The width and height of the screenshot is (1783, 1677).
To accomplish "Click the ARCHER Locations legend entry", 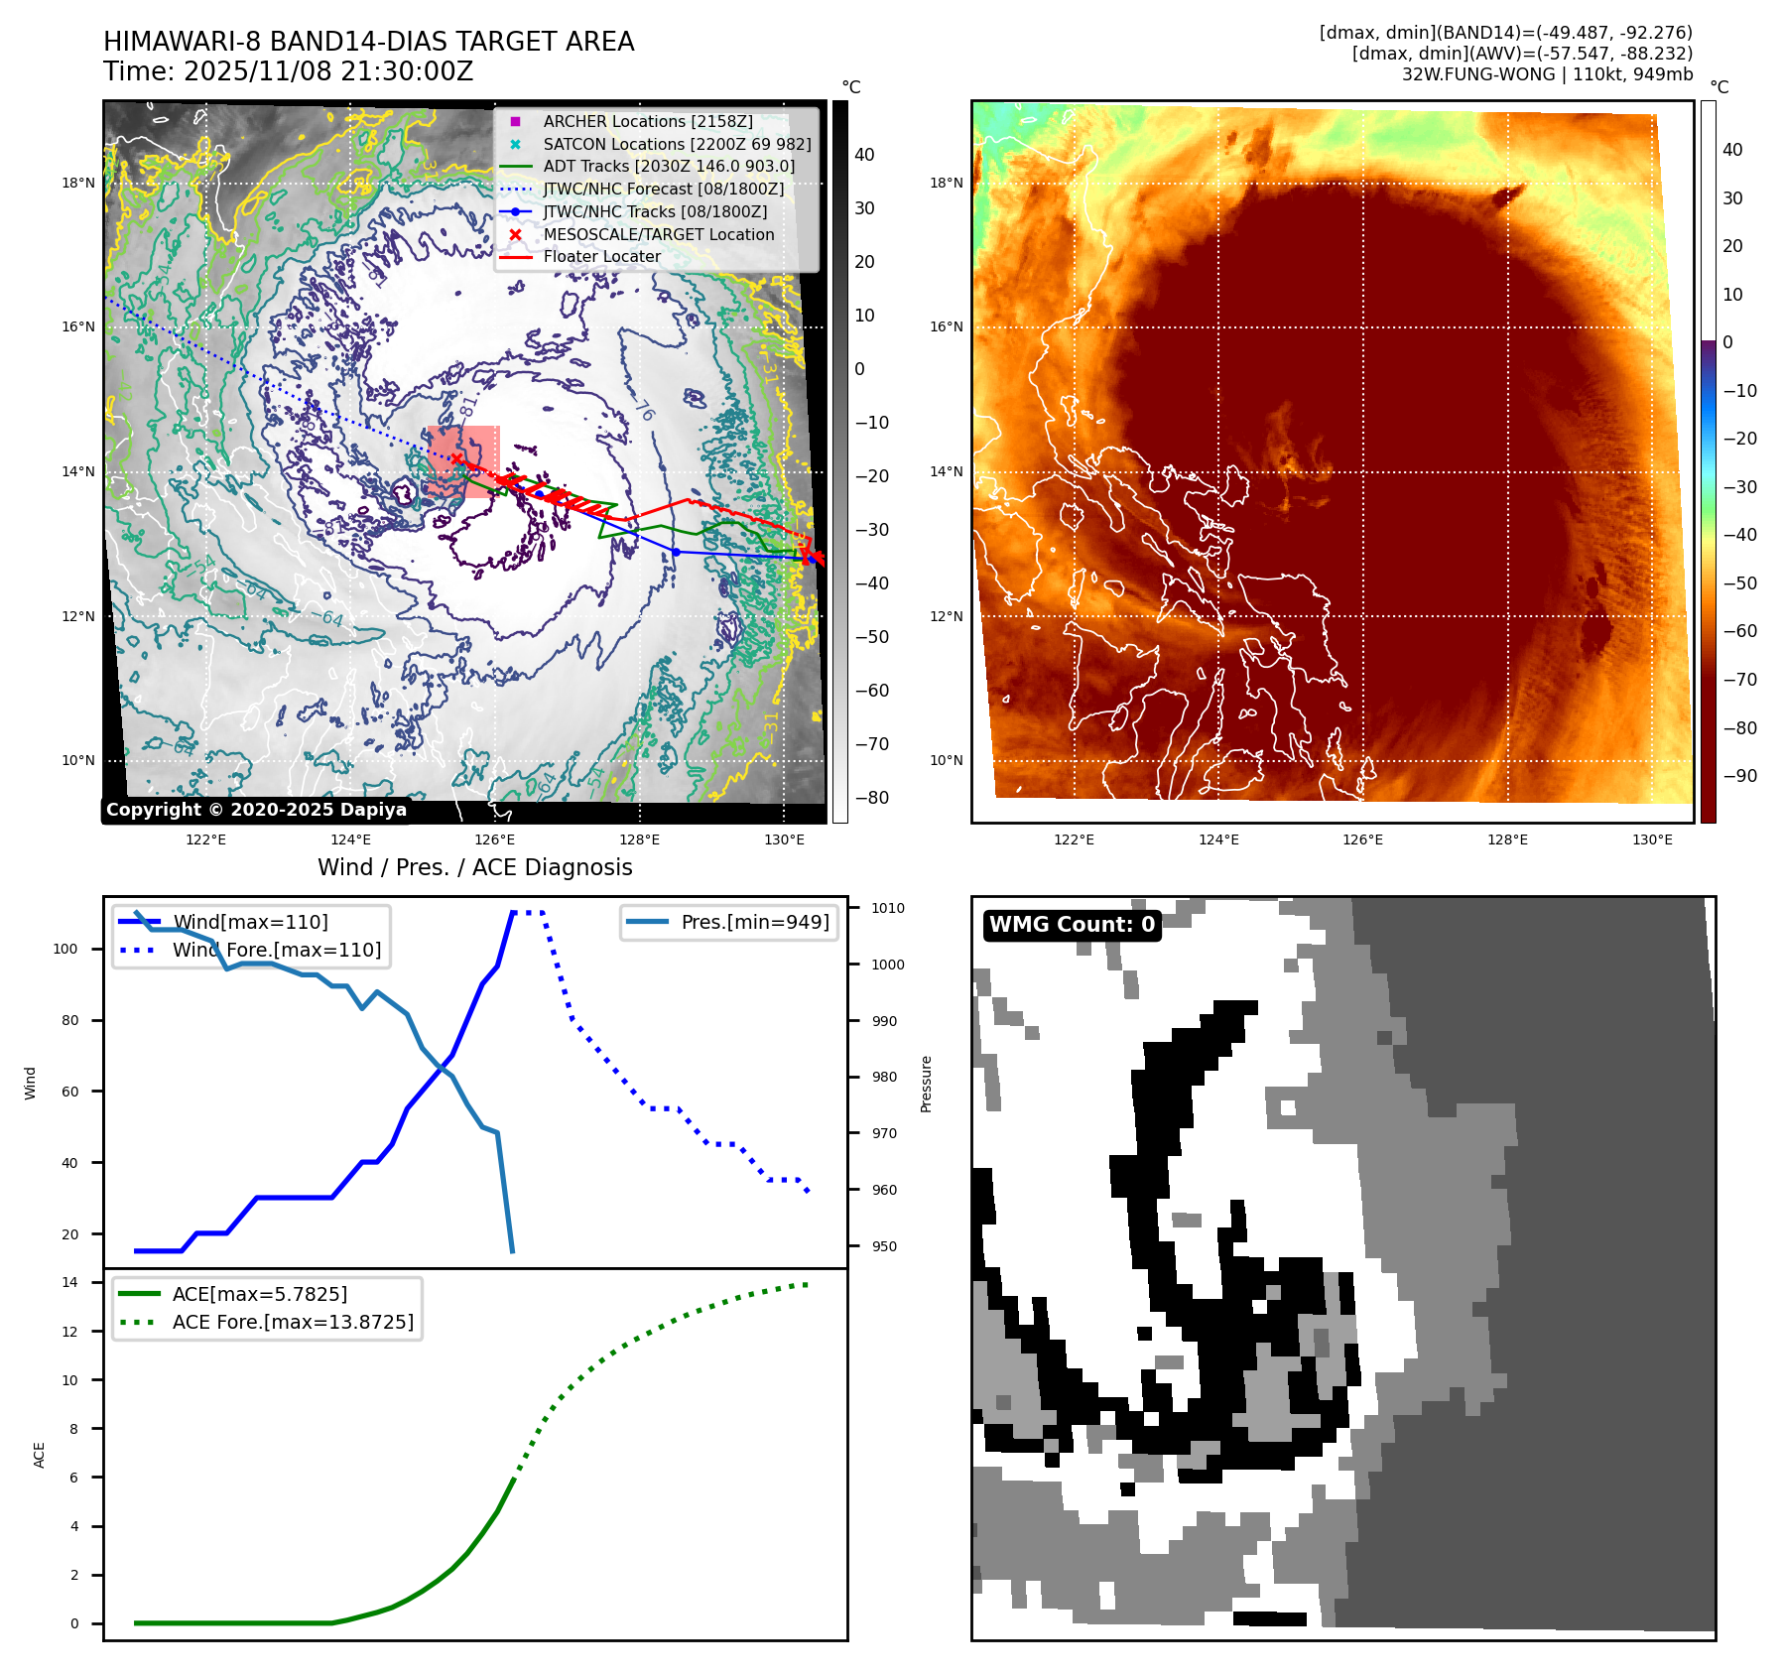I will (x=647, y=121).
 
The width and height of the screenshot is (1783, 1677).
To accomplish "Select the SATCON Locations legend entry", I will (x=676, y=144).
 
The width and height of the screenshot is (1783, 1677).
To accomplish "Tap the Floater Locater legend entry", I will (x=601, y=256).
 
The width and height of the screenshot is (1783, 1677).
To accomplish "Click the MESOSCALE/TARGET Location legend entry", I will (x=658, y=234).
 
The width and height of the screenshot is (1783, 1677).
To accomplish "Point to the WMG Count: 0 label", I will (x=1072, y=925).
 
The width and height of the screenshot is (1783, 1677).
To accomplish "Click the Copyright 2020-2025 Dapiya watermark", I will (x=256, y=810).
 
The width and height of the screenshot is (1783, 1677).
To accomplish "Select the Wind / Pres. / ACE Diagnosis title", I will (x=474, y=867).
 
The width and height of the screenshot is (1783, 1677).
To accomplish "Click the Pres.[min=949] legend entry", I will (x=754, y=922).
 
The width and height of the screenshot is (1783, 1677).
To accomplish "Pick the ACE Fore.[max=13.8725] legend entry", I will (x=293, y=1322).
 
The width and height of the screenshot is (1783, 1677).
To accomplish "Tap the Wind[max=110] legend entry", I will (x=250, y=922).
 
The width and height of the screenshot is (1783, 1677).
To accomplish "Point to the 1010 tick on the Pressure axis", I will (x=888, y=908).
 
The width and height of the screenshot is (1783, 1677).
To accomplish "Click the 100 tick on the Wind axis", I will (x=65, y=949).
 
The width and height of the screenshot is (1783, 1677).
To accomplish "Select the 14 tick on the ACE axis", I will (x=69, y=1282).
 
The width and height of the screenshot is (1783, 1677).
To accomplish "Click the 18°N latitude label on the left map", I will (x=78, y=183).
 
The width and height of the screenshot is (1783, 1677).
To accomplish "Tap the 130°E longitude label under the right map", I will (x=1652, y=839).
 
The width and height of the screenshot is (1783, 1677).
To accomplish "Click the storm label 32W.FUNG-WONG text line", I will (x=1547, y=74).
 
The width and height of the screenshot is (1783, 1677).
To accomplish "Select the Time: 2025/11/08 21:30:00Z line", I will (x=288, y=71).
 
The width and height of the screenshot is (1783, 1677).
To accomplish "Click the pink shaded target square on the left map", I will (x=463, y=461).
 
